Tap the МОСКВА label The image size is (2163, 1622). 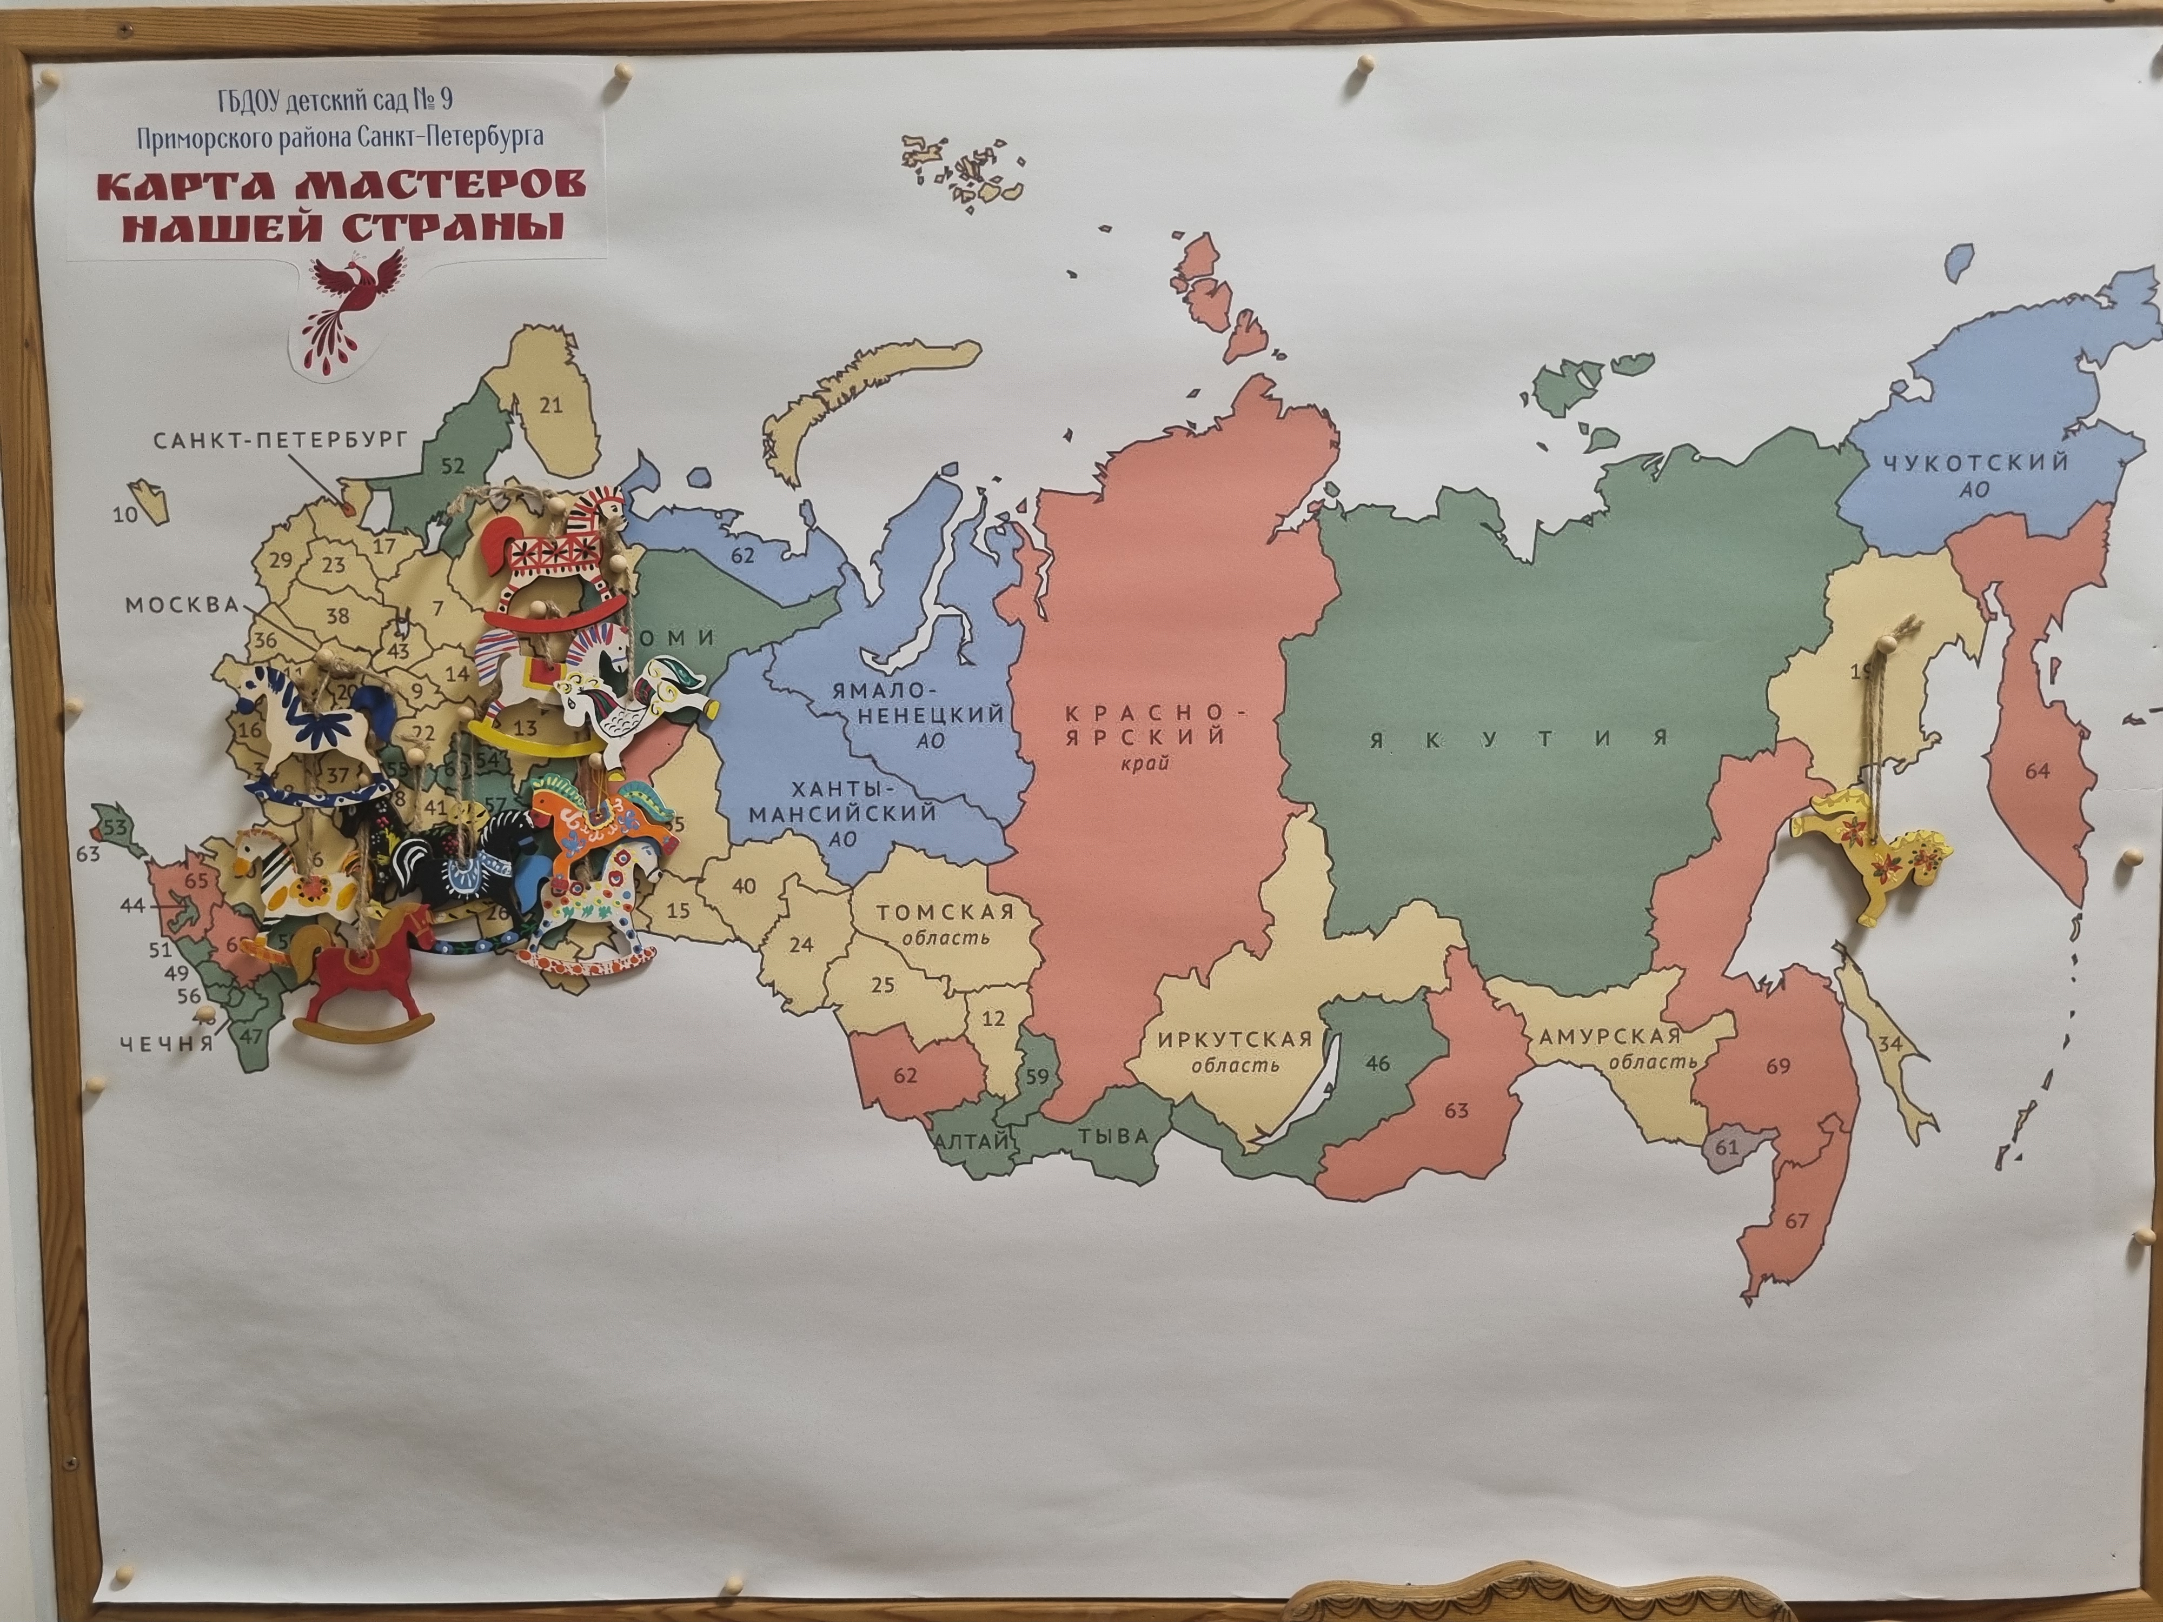point(182,605)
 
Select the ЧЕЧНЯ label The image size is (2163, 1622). point(166,1043)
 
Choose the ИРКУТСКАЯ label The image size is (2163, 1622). point(1234,1038)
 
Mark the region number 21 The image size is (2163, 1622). point(552,405)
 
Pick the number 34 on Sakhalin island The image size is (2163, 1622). point(1890,1044)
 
